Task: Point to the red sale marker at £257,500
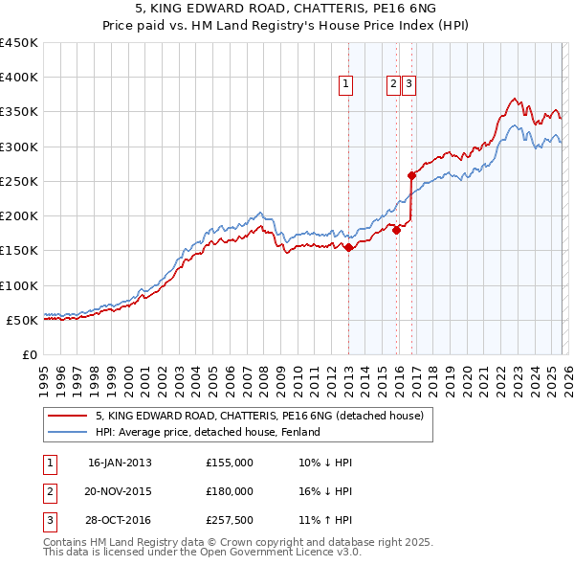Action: [411, 175]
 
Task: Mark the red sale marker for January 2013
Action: [348, 247]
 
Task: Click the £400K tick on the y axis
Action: [19, 78]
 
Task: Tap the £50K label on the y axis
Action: [23, 320]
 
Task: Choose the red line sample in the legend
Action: [67, 416]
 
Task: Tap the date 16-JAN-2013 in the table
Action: [120, 463]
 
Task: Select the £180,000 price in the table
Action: [230, 491]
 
